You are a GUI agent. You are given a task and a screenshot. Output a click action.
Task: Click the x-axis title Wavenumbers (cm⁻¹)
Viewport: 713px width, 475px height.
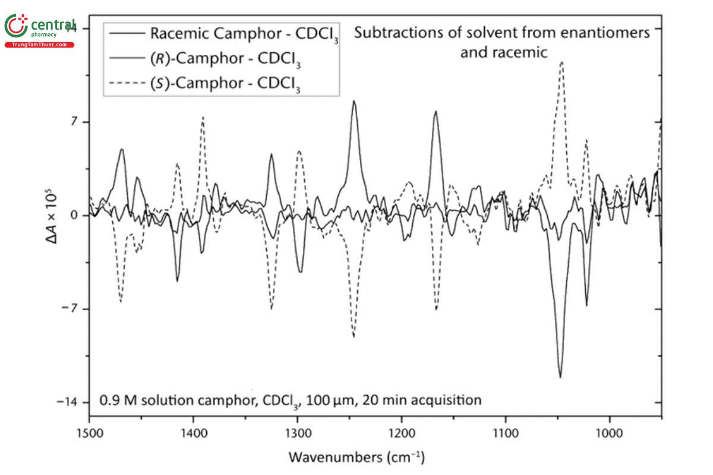click(x=356, y=457)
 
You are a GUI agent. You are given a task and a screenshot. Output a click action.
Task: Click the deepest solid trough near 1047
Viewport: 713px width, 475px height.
click(x=560, y=376)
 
